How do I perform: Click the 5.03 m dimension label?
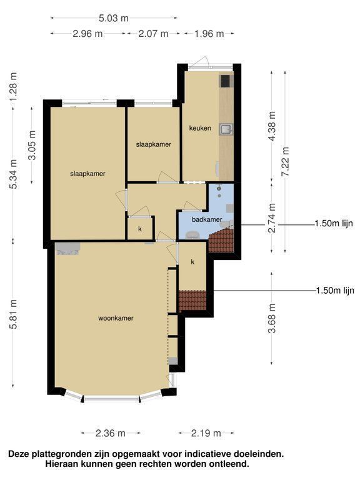(x=114, y=18)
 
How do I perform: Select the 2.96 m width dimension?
(x=87, y=33)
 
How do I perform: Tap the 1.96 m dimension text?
(x=209, y=33)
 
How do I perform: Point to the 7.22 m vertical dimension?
(x=285, y=161)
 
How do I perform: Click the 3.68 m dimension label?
(x=272, y=318)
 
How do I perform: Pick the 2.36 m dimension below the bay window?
(x=111, y=433)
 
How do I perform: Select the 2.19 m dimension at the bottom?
(x=206, y=433)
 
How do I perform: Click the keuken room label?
(x=200, y=128)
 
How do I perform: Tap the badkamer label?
(x=207, y=219)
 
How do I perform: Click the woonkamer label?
(x=116, y=318)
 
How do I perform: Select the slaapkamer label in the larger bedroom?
(x=87, y=174)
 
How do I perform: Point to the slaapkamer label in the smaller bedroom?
(x=153, y=144)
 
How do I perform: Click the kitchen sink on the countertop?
(x=226, y=129)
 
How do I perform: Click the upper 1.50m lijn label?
(x=334, y=224)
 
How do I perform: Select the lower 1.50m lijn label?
(x=334, y=290)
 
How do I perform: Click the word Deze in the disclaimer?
(x=19, y=454)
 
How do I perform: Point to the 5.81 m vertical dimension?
(x=14, y=314)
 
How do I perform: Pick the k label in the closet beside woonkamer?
(x=192, y=262)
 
